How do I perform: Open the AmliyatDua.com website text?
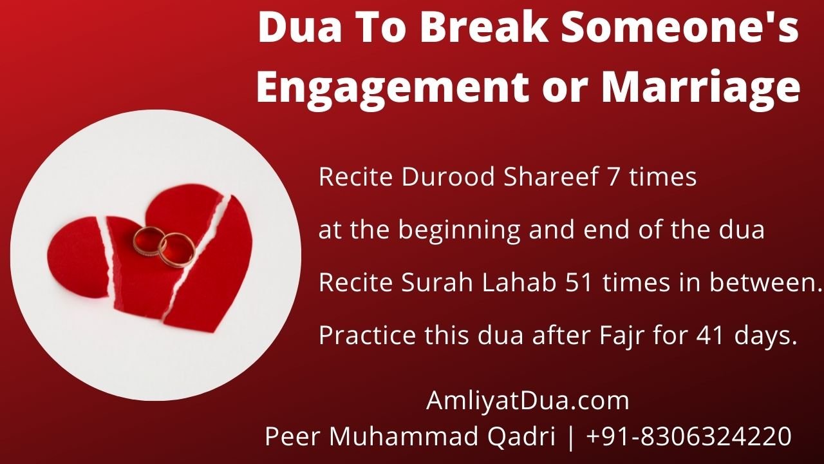click(x=527, y=401)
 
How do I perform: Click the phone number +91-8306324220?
click(x=689, y=437)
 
